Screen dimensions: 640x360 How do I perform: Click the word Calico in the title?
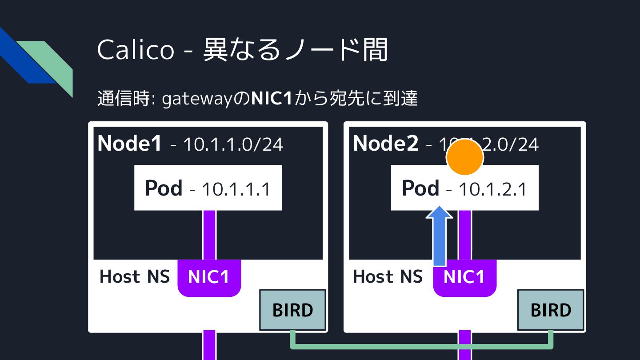pyautogui.click(x=136, y=49)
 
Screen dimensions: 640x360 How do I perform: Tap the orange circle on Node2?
pyautogui.click(x=464, y=156)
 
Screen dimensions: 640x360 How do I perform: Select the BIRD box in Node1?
pyautogui.click(x=292, y=310)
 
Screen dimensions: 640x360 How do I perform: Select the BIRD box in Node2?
pyautogui.click(x=551, y=310)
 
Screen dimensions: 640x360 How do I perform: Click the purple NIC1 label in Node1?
pyautogui.click(x=209, y=277)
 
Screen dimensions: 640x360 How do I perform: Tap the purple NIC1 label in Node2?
pyautogui.click(x=464, y=277)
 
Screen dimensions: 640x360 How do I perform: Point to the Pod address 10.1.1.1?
pyautogui.click(x=236, y=189)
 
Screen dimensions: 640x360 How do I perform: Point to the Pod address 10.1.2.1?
pyautogui.click(x=492, y=189)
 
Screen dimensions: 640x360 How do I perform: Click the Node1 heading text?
pyautogui.click(x=130, y=143)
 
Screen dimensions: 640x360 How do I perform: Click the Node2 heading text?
pyautogui.click(x=385, y=143)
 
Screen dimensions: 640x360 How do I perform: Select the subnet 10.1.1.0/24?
pyautogui.click(x=233, y=144)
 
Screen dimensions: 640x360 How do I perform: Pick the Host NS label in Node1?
pyautogui.click(x=135, y=276)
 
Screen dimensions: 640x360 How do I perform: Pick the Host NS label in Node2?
pyautogui.click(x=388, y=276)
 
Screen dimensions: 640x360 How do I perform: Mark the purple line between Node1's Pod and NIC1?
pyautogui.click(x=209, y=235)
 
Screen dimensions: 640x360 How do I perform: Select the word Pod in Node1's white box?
pyautogui.click(x=164, y=188)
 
